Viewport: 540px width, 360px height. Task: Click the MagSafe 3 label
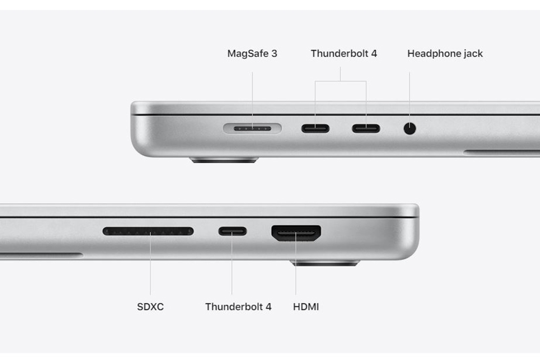pos(252,54)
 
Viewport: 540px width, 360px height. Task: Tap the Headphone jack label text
pos(445,54)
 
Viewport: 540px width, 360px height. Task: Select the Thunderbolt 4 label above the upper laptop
pos(344,53)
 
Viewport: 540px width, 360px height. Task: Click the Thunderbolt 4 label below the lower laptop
pos(238,307)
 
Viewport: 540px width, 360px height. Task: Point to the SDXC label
pos(150,307)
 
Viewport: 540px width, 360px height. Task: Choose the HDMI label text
pos(306,307)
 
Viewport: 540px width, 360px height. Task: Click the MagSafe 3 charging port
pos(253,128)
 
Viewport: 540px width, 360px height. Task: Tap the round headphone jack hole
pos(409,128)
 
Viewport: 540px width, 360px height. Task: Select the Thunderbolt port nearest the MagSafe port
pos(316,128)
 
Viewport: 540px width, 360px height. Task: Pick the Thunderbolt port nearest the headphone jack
pos(366,128)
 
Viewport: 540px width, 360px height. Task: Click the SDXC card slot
pos(148,231)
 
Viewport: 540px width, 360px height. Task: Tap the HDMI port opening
pos(296,233)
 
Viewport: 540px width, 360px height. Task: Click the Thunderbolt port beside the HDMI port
pos(232,231)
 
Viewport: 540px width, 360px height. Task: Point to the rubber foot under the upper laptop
pos(224,160)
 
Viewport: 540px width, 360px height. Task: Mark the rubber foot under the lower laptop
pos(325,263)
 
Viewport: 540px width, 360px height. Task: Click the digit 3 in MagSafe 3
pos(274,53)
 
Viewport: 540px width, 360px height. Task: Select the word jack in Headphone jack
pos(473,54)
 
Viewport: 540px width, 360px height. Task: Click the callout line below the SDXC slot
pos(150,264)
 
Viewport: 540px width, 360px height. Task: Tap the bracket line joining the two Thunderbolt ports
pos(341,82)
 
